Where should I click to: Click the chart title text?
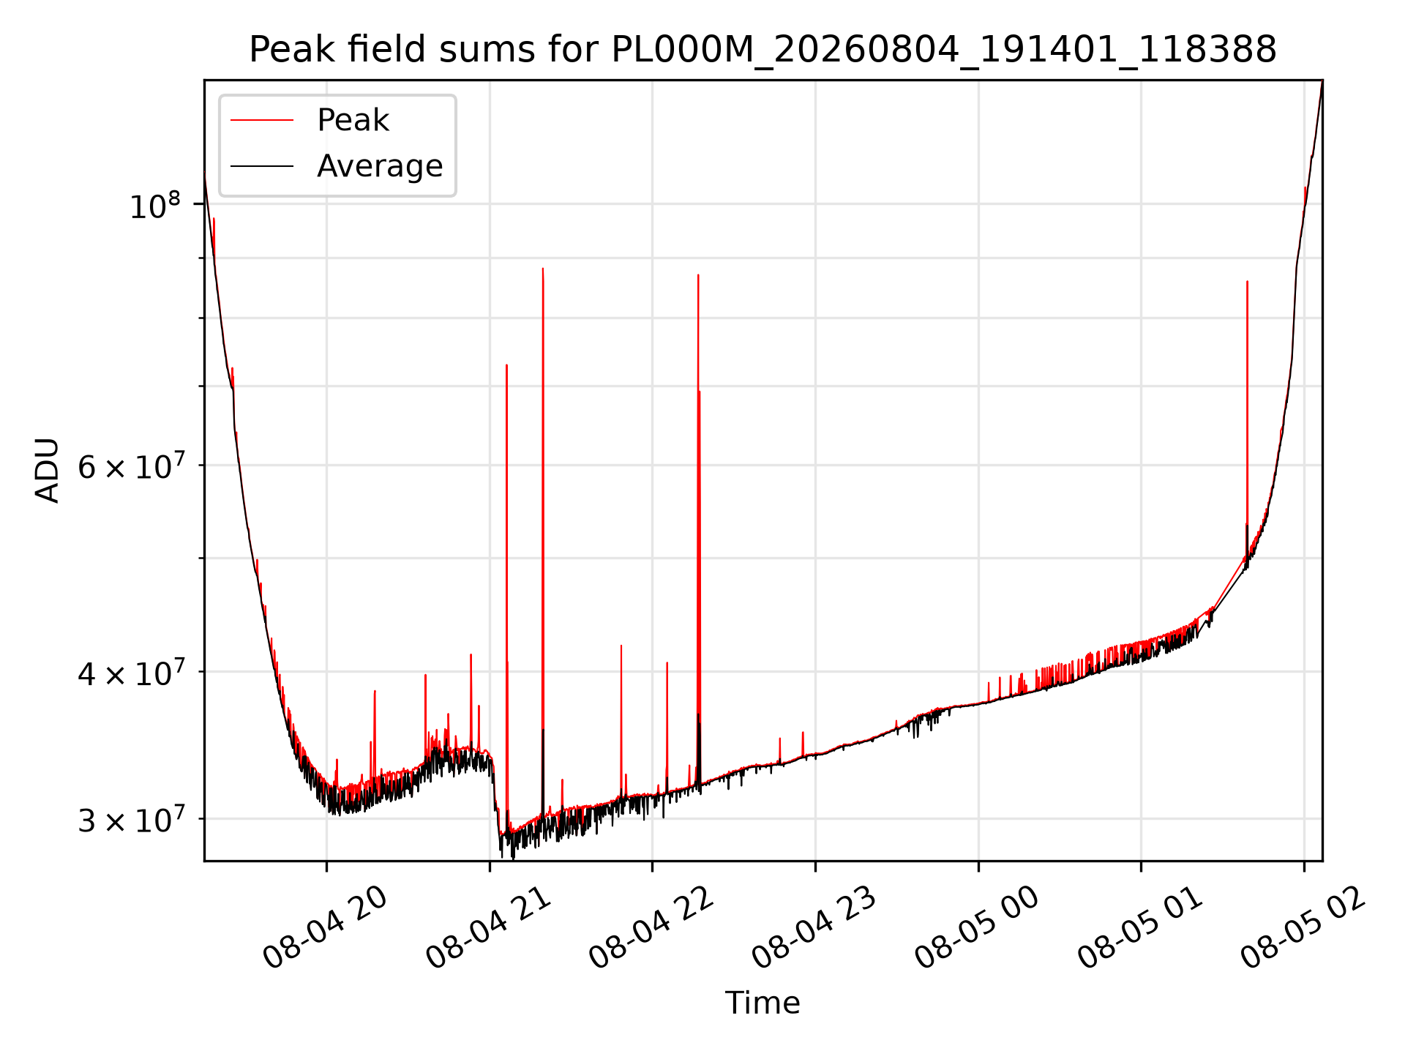[763, 50]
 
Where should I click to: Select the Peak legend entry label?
[353, 120]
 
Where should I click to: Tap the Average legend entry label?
[380, 166]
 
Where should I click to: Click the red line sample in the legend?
[262, 121]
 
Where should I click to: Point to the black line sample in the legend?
[262, 166]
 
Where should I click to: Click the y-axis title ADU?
[48, 470]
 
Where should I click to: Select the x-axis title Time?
[763, 1002]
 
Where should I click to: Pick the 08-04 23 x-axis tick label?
[814, 927]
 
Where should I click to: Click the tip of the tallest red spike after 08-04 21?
[543, 269]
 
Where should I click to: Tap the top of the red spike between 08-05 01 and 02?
[1247, 281]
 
